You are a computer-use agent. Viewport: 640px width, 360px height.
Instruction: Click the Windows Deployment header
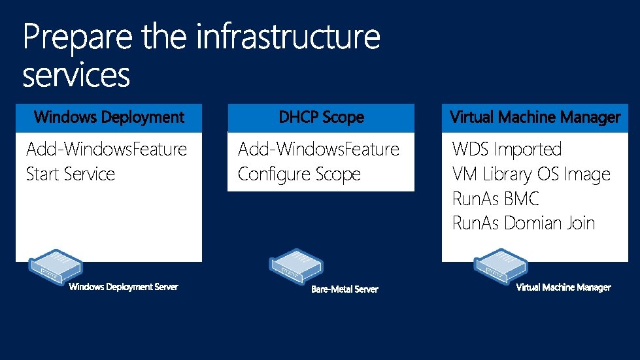click(109, 118)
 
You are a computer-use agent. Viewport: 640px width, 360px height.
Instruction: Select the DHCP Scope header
click(321, 118)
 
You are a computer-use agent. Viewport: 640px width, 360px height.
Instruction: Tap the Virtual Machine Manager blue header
click(535, 118)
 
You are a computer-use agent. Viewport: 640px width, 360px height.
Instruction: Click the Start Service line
click(70, 174)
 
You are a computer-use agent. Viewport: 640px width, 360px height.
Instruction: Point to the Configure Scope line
click(299, 174)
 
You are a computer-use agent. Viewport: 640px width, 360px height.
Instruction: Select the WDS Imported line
click(507, 150)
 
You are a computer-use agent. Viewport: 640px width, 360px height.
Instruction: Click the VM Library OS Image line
click(531, 174)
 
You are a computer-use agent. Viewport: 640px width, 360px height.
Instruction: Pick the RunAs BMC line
click(495, 199)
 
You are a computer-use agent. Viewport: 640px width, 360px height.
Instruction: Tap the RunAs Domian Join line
click(523, 223)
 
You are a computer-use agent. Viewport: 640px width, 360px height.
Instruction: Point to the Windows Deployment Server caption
click(124, 287)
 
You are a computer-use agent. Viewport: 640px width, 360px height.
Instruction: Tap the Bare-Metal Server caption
click(345, 289)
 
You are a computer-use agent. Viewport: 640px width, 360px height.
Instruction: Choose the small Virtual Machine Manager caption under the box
click(564, 287)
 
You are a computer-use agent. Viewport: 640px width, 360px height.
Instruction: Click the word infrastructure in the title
click(288, 37)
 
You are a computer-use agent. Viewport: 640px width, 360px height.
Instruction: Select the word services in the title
click(76, 75)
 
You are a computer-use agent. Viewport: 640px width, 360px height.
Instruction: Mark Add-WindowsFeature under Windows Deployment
click(107, 150)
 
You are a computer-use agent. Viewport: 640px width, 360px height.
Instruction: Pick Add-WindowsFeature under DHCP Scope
click(318, 150)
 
